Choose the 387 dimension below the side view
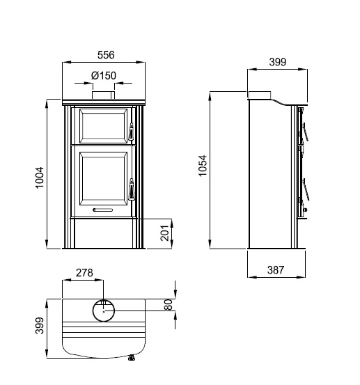pyautogui.click(x=276, y=270)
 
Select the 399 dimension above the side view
pyautogui.click(x=277, y=62)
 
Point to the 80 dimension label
pyautogui.click(x=168, y=305)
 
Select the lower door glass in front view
pyautogui.click(x=104, y=180)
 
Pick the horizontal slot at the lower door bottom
pyautogui.click(x=104, y=210)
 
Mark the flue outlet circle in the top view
pyautogui.click(x=104, y=311)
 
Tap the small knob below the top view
pyautogui.click(x=131, y=360)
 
